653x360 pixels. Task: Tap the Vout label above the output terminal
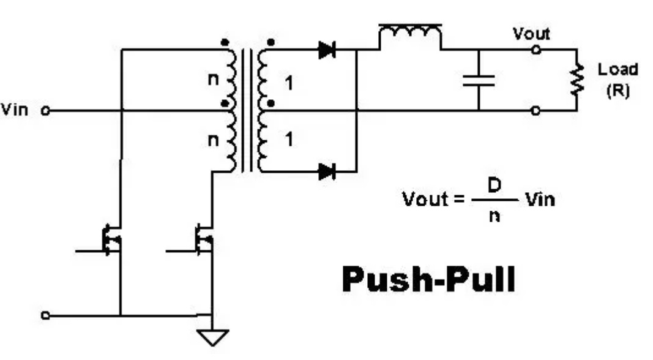(x=531, y=34)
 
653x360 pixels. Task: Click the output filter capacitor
(x=479, y=80)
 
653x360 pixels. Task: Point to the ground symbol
(x=212, y=337)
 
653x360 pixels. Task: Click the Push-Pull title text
(x=428, y=279)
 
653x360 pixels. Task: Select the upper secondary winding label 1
(x=289, y=83)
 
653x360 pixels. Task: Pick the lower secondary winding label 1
(x=289, y=140)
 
